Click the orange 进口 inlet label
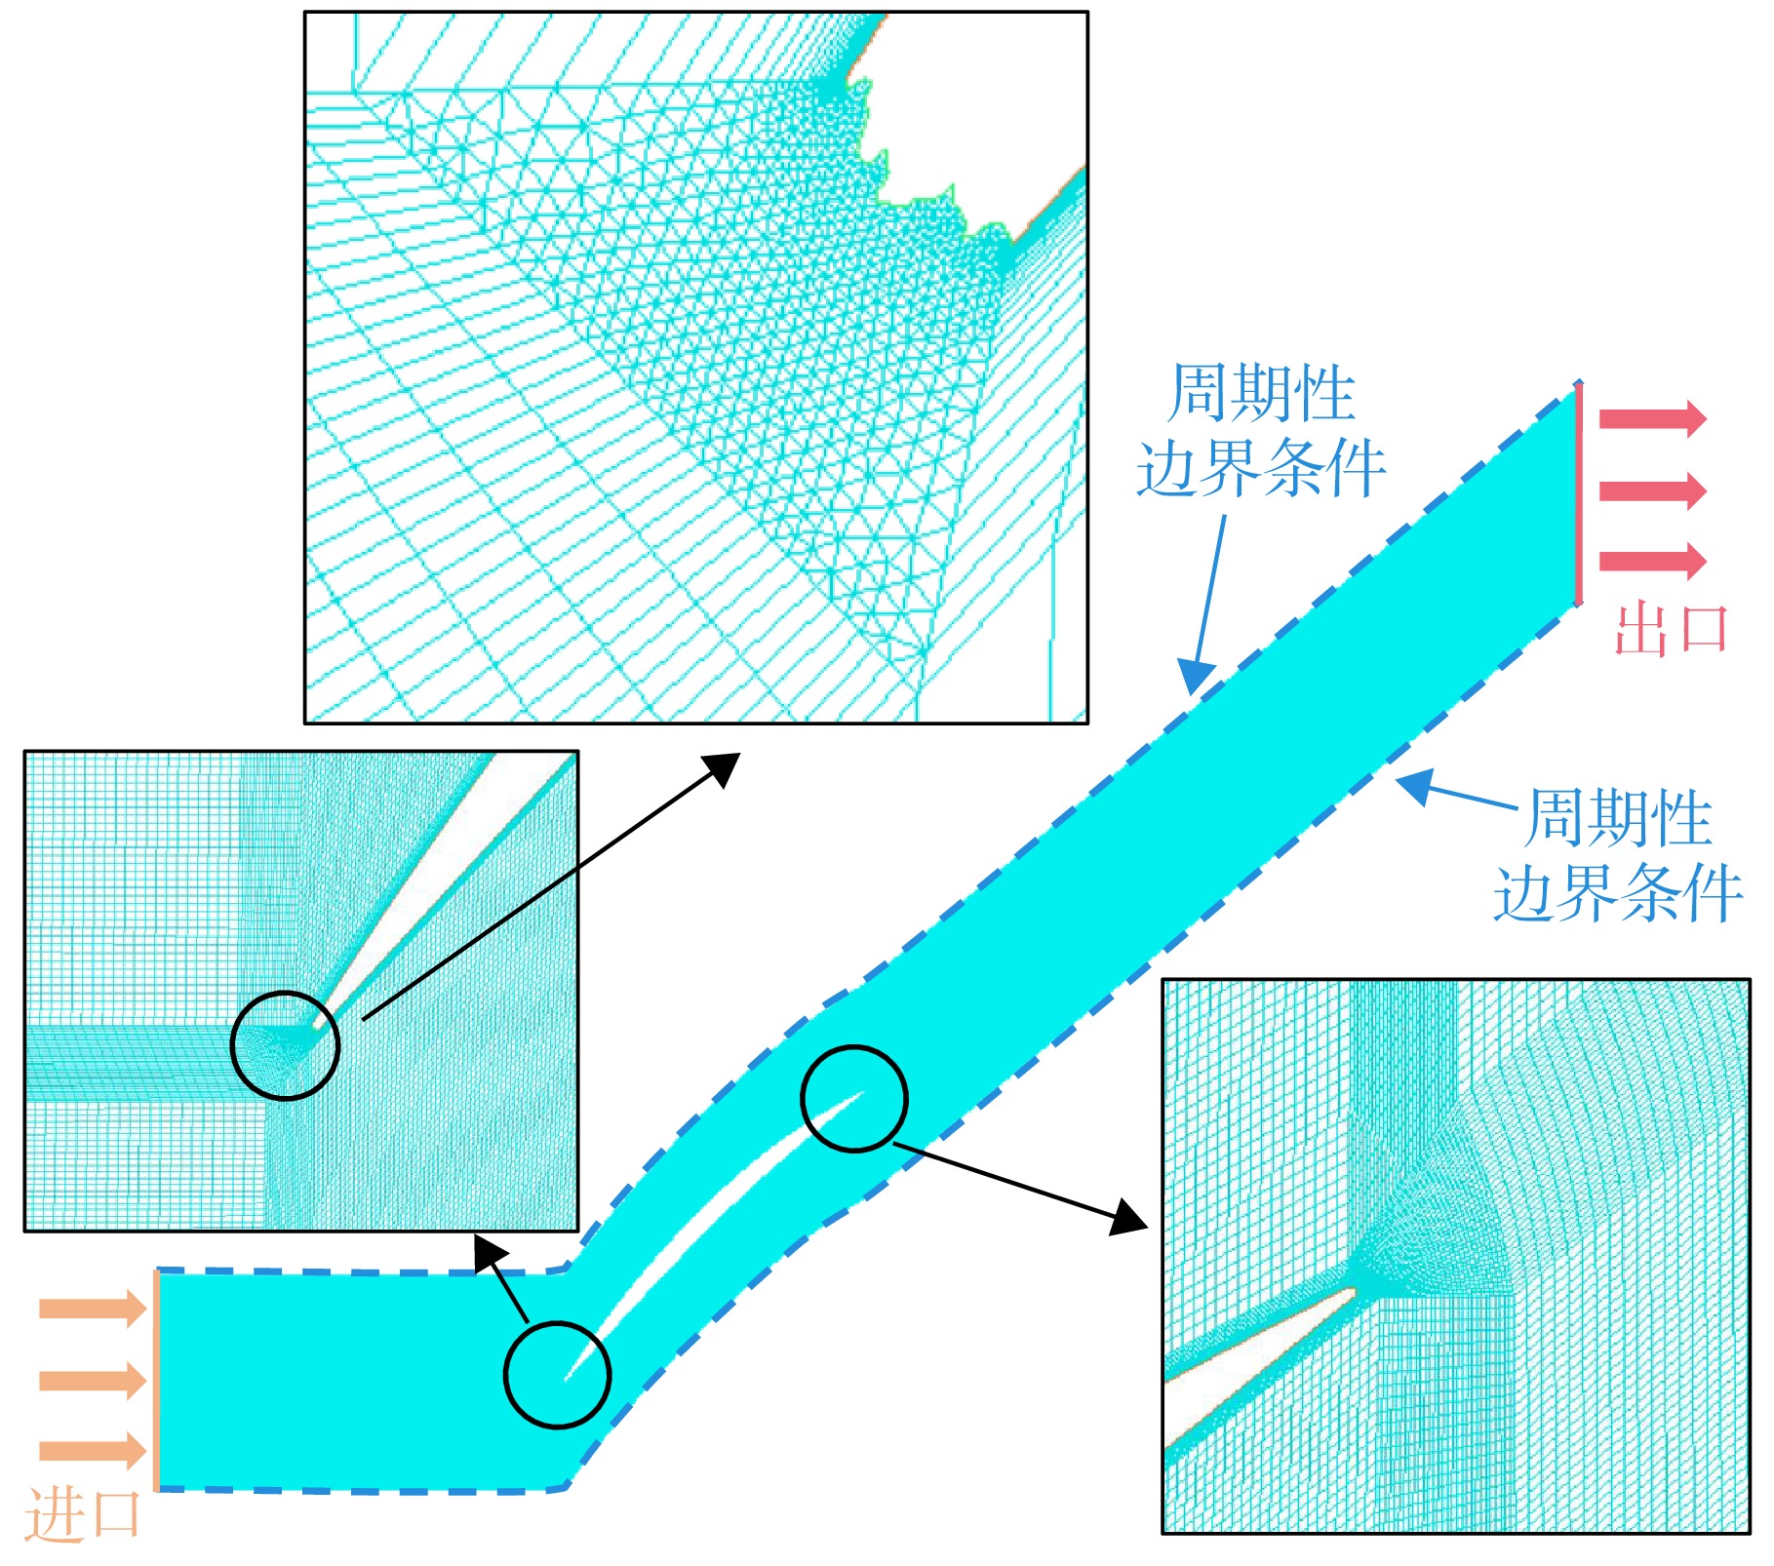83,1514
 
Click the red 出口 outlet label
1672,629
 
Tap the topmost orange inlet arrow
93,1308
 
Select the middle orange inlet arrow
93,1380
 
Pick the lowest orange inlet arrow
93,1450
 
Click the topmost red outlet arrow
1653,418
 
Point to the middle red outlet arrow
1653,489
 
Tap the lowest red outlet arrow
1653,561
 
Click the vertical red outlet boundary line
1579,494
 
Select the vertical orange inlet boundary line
156,1380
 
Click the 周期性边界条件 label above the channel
1261,430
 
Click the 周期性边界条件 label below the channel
1619,855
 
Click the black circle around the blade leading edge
558,1375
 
